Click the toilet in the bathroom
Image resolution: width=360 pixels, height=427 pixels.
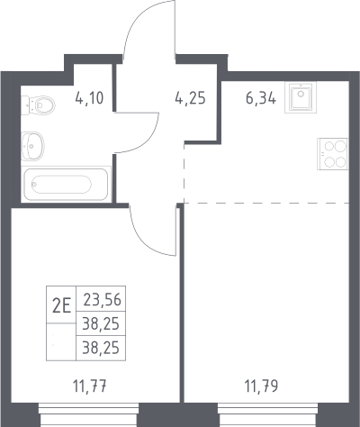pyautogui.click(x=38, y=105)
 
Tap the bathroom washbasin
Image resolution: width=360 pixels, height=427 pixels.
pyautogui.click(x=32, y=146)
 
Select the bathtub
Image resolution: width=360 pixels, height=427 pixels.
pyautogui.click(x=66, y=185)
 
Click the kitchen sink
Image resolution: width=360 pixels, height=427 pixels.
pyautogui.click(x=301, y=97)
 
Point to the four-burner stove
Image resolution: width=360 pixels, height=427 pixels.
pyautogui.click(x=333, y=154)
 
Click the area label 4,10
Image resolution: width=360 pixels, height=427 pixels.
pyautogui.click(x=89, y=98)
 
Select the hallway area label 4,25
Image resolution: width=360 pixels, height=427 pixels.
pyautogui.click(x=191, y=98)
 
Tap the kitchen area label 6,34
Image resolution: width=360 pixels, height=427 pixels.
pyautogui.click(x=261, y=98)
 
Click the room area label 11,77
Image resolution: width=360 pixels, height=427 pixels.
pyautogui.click(x=90, y=386)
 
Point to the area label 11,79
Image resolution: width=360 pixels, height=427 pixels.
pyautogui.click(x=261, y=386)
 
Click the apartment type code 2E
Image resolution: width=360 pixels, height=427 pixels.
pyautogui.click(x=61, y=306)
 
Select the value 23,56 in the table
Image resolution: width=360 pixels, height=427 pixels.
pyautogui.click(x=102, y=299)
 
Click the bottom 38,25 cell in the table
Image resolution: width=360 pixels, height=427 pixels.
pyautogui.click(x=101, y=348)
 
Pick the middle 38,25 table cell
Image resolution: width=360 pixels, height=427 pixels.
pyautogui.click(x=101, y=323)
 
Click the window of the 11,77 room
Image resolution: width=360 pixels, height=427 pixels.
pyautogui.click(x=89, y=414)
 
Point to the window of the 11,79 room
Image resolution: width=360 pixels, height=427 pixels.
pyautogui.click(x=268, y=414)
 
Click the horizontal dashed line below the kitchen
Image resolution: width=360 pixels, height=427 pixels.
pyautogui.click(x=266, y=203)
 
